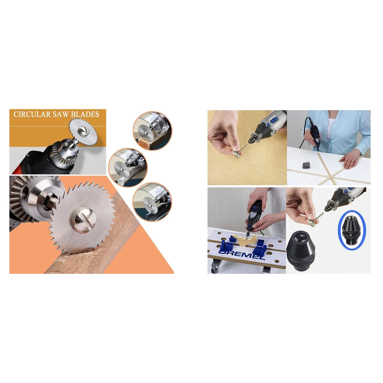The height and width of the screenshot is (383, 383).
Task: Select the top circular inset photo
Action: pos(152,131)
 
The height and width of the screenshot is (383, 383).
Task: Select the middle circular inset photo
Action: pos(128,167)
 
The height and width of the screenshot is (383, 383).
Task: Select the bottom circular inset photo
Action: pos(152,202)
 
